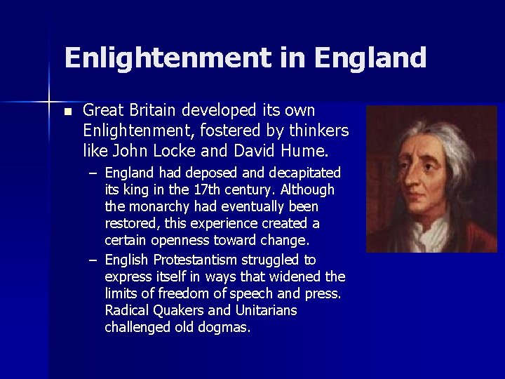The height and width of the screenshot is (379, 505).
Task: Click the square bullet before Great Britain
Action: tap(67, 112)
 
